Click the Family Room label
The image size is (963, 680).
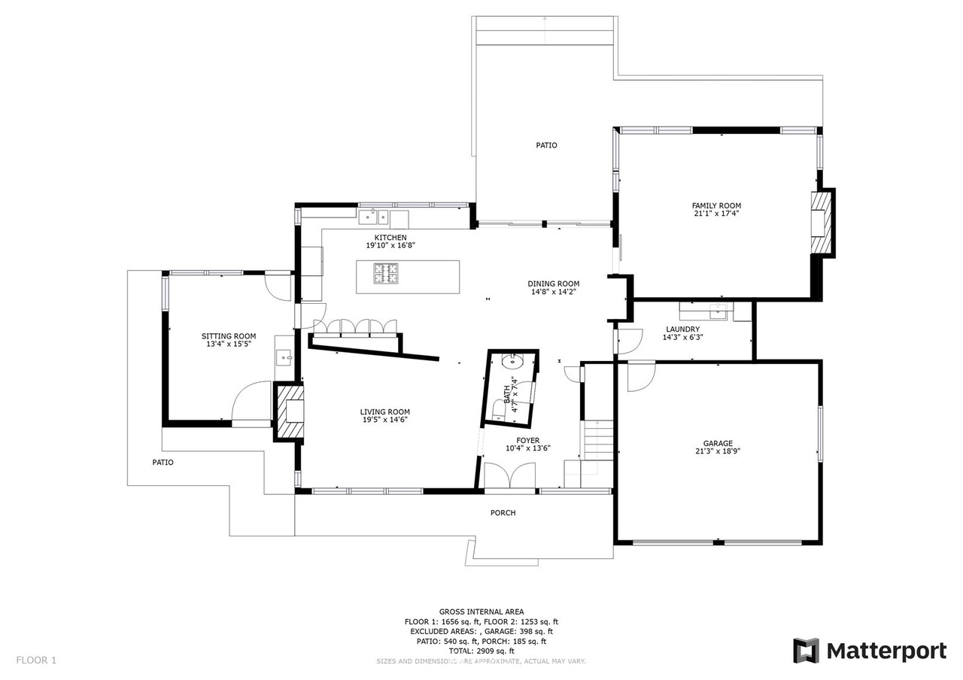[x=716, y=206]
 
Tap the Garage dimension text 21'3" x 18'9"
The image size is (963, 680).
[x=718, y=451]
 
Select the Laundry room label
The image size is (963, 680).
[x=682, y=329]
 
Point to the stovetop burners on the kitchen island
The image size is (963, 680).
[x=386, y=273]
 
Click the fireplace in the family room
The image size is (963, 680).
[x=821, y=223]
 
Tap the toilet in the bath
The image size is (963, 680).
[x=499, y=409]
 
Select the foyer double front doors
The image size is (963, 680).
[x=510, y=475]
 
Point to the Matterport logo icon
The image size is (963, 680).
[x=806, y=651]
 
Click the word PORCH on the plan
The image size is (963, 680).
[x=503, y=513]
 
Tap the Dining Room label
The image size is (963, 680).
[x=553, y=284]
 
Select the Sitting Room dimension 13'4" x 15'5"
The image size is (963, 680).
[x=229, y=344]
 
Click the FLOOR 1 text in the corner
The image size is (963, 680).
[x=36, y=660]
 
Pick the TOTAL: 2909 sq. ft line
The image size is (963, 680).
[x=481, y=651]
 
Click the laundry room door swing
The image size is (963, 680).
[x=630, y=342]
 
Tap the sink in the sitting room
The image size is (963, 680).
[x=284, y=357]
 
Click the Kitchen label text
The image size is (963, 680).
[x=390, y=238]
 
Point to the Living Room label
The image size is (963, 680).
[x=384, y=411]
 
